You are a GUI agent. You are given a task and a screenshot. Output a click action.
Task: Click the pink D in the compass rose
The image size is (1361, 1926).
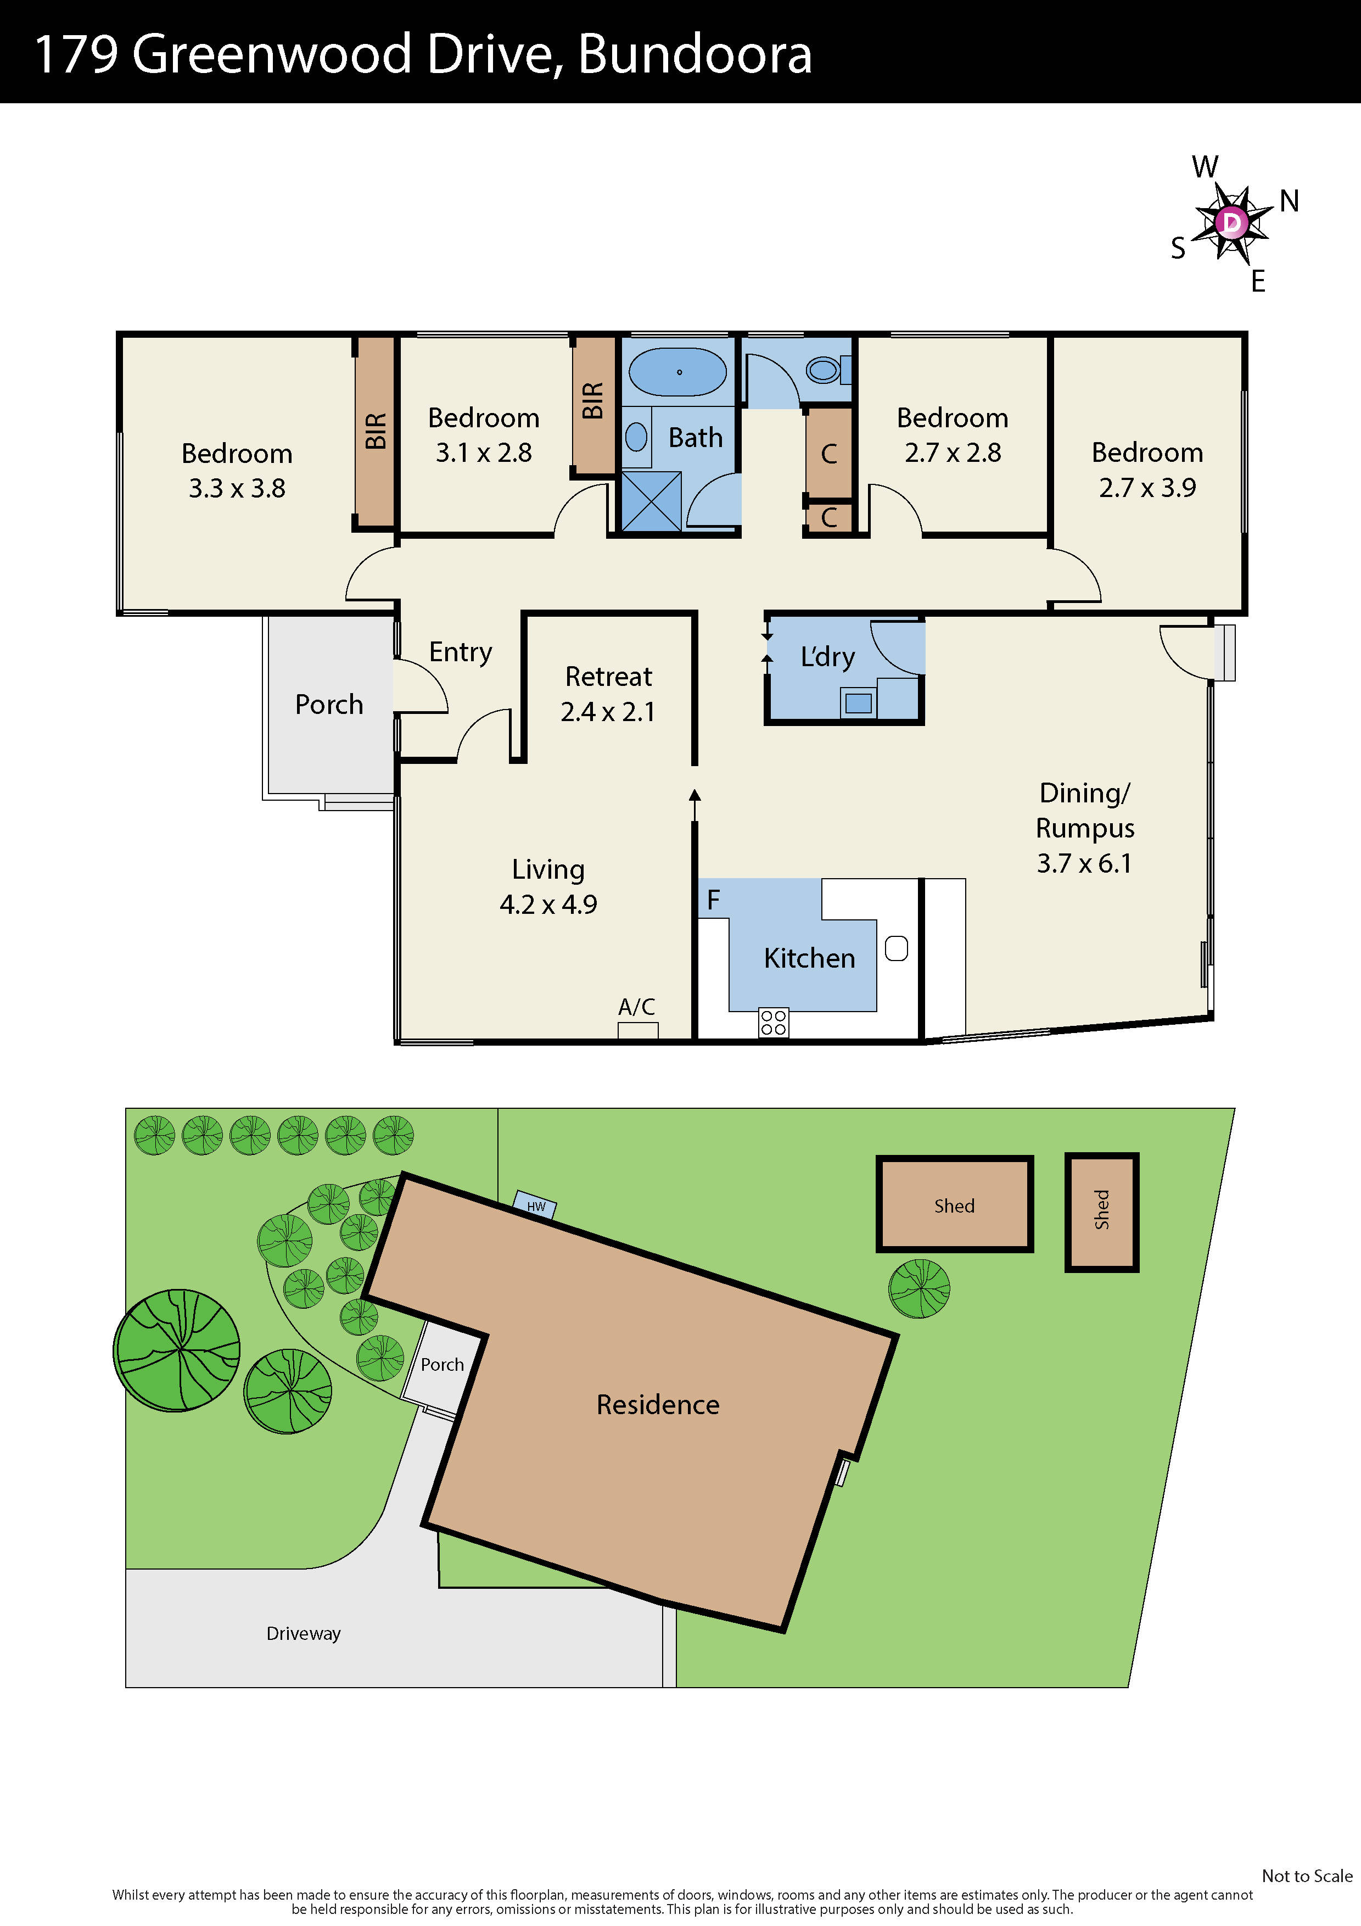point(1231,222)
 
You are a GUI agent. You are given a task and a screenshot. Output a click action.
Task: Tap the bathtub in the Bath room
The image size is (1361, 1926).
point(677,372)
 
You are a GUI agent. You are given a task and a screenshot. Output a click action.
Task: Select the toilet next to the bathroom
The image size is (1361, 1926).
point(824,369)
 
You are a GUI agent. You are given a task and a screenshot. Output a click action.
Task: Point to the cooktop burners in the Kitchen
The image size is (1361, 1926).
point(773,1023)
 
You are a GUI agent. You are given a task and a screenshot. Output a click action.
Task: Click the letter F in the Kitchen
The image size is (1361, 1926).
point(713,900)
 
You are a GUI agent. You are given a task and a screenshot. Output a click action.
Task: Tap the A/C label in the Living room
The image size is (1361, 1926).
point(636,1007)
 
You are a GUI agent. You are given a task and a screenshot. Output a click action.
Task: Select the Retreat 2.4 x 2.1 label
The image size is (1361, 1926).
point(608,694)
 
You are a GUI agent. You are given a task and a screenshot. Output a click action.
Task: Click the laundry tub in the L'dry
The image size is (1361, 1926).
point(858,703)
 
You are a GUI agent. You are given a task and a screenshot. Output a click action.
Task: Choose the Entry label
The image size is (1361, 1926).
point(461,652)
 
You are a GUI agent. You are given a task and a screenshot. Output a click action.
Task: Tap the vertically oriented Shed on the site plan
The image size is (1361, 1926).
point(1101,1210)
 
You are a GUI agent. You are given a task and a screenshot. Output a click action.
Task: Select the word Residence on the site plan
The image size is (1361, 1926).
point(657,1405)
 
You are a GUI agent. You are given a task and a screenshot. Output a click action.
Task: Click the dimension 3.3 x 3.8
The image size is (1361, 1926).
point(237,488)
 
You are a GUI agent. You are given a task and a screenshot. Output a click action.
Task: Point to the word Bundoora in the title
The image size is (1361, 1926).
point(694,54)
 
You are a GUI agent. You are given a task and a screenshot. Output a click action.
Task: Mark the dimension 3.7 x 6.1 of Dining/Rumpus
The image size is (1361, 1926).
point(1084,863)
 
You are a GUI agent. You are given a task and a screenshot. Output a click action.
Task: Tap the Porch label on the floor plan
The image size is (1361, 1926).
point(329,705)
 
